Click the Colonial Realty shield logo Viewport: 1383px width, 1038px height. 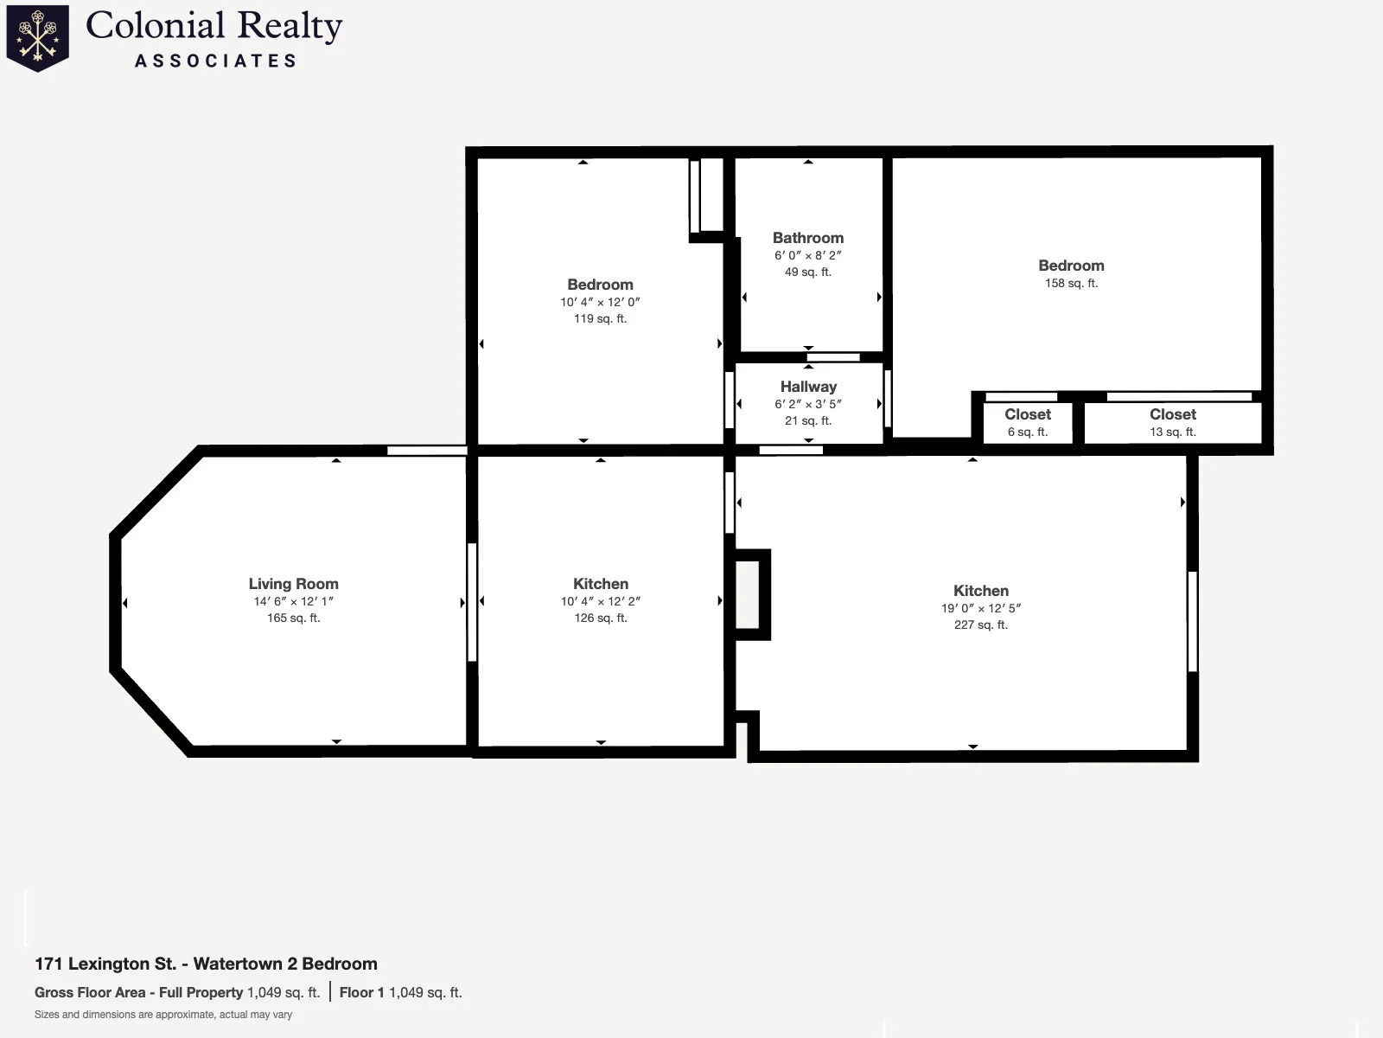coord(38,38)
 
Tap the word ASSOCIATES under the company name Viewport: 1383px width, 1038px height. coord(215,61)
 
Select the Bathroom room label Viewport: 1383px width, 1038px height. coord(807,238)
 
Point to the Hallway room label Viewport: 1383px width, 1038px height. coord(808,387)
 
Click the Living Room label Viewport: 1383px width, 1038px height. coord(294,584)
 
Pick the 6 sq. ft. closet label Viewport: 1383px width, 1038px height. coord(1028,432)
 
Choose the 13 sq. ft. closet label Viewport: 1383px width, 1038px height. coord(1173,432)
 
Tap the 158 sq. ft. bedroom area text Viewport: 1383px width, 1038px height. coord(1071,283)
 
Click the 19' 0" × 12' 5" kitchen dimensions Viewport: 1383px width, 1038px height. coord(981,608)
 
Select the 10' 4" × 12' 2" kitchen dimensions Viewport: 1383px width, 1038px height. coord(601,601)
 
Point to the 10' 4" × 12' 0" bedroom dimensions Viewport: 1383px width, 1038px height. coord(600,302)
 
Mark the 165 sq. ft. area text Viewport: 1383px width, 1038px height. coord(294,618)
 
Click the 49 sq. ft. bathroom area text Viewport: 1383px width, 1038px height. coord(807,272)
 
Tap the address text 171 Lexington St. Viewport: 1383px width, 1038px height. coord(105,964)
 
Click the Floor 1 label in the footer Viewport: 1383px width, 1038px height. coord(361,993)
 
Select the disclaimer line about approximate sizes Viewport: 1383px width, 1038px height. coord(163,1015)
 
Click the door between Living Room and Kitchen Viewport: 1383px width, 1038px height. coord(471,602)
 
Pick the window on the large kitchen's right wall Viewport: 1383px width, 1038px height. coord(1192,621)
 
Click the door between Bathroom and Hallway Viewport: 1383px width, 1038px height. coord(833,357)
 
